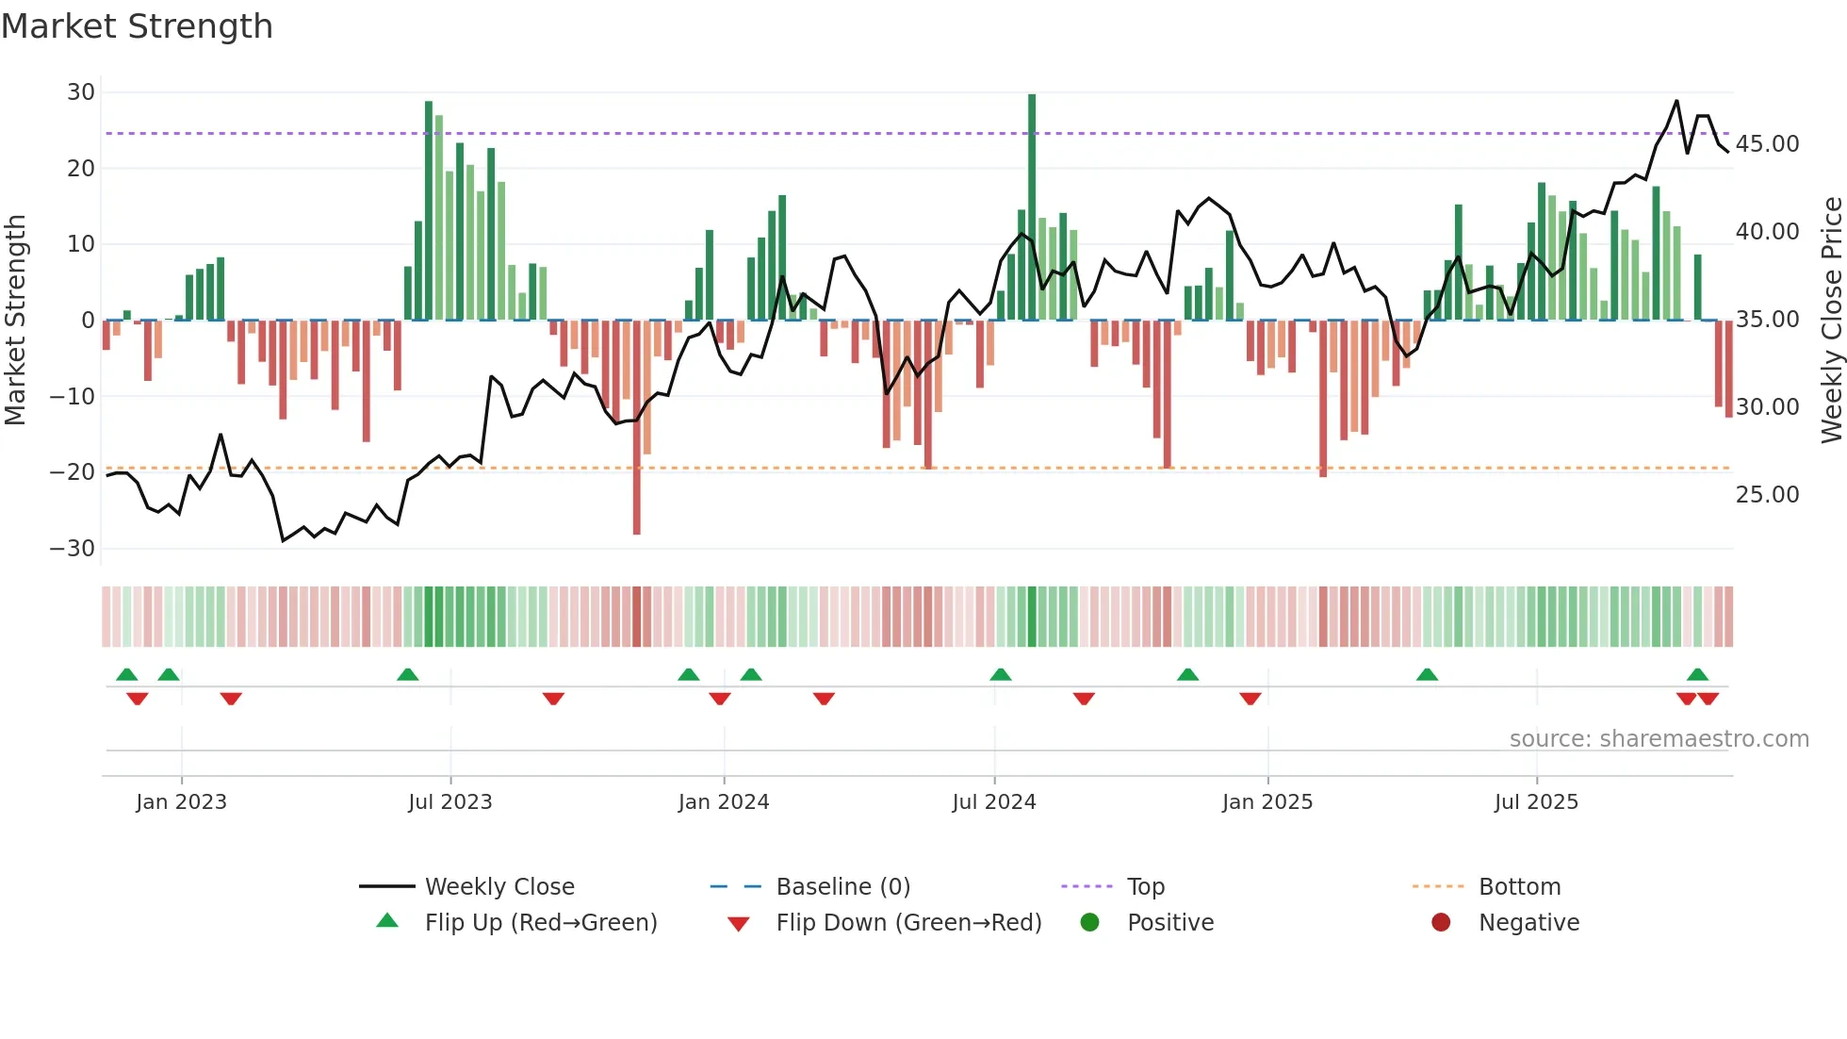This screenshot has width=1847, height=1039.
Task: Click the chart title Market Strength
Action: point(137,26)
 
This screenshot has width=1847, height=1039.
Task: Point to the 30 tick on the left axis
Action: point(81,92)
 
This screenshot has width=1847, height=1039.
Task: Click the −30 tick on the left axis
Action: point(73,548)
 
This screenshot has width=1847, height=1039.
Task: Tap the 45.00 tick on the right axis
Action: point(1767,144)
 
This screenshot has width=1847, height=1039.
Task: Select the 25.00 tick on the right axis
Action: point(1767,495)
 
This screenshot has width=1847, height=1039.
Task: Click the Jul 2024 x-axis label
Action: point(993,802)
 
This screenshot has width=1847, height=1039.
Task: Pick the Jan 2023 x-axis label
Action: point(181,802)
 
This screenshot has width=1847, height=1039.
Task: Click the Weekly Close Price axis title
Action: point(1831,321)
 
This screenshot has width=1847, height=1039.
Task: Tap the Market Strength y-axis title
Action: point(15,321)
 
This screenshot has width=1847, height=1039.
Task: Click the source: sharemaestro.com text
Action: point(1659,739)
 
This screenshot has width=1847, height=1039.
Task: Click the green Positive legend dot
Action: point(1089,923)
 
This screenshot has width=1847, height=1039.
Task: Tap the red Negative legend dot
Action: point(1440,923)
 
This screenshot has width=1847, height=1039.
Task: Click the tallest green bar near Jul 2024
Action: point(1032,207)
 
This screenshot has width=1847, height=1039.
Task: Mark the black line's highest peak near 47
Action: point(1676,101)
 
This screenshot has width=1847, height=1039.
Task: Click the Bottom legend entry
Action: point(1519,887)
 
